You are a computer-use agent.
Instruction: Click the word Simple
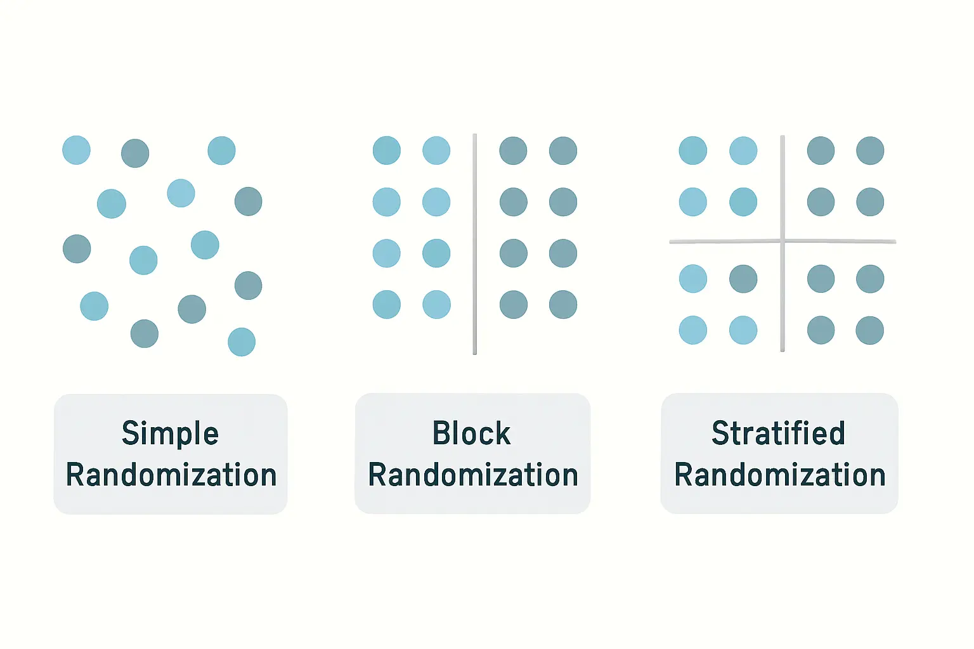coord(170,434)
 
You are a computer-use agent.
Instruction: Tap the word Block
coord(471,433)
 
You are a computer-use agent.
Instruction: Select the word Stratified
coord(778,433)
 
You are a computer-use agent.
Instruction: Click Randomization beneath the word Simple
coord(171,474)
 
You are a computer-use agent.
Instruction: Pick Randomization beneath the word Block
coord(473,474)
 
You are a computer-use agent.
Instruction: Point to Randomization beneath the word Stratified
coord(779,474)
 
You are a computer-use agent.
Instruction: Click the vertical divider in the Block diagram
coord(475,244)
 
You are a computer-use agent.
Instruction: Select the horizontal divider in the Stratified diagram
coord(782,241)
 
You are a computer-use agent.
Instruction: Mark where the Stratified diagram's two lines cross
coord(782,241)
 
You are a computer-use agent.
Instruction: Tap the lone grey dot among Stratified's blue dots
coord(743,279)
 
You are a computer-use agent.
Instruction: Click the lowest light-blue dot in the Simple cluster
coord(242,342)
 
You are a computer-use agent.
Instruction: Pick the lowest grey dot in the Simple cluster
coord(145,333)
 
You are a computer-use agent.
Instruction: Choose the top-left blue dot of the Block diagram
coord(387,150)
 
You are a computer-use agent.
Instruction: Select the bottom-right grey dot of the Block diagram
coord(563,304)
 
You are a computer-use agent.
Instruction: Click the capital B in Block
coord(441,433)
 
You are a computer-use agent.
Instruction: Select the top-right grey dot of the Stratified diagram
coord(870,150)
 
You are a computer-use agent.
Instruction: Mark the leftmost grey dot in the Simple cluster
coord(77,248)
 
